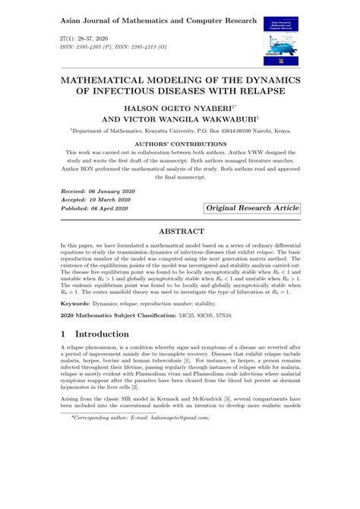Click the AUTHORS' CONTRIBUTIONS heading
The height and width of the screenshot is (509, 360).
tap(180, 142)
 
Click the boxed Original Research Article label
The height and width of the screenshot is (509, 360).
tap(251, 207)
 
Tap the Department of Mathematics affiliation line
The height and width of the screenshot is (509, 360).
tap(179, 130)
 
